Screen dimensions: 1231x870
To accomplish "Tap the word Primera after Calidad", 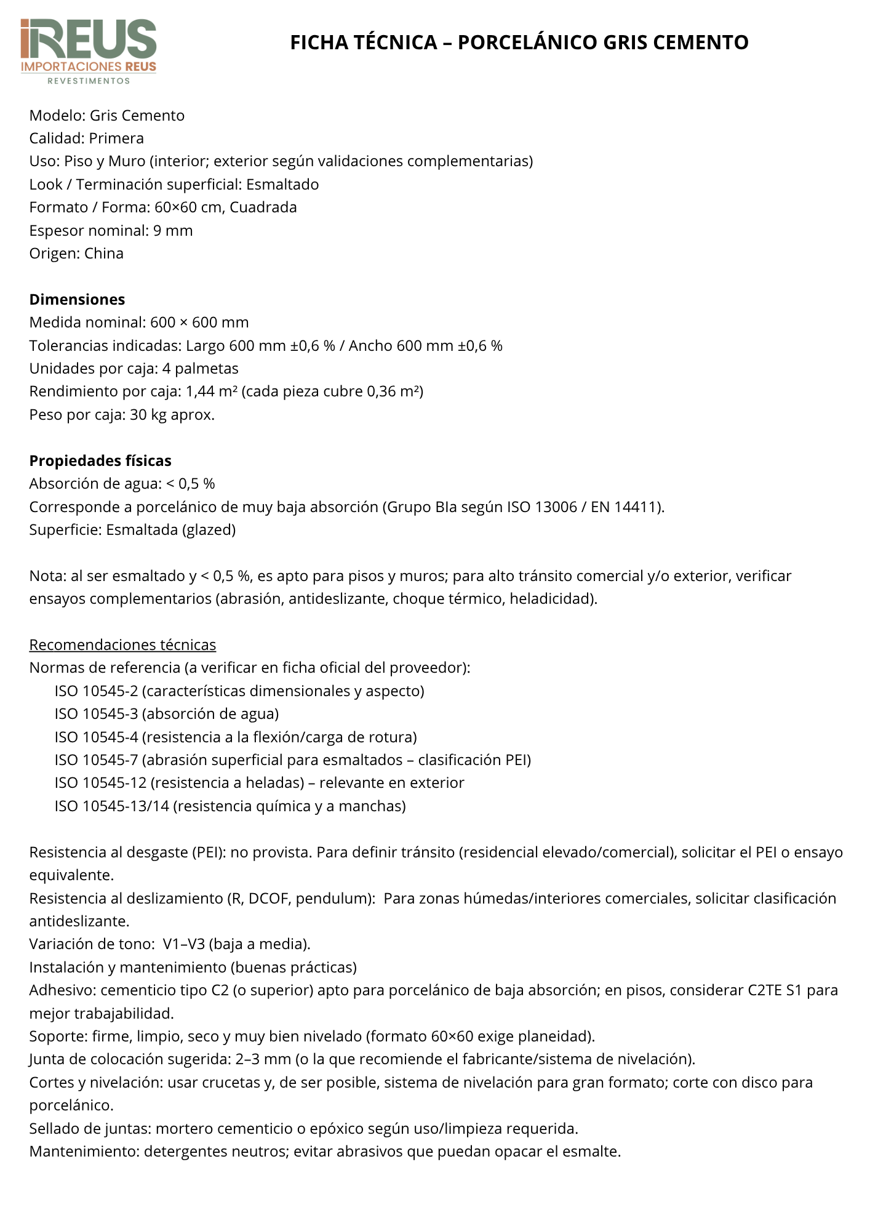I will [116, 138].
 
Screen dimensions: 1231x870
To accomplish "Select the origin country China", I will [104, 254].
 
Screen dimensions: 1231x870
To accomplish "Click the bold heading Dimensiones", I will [77, 300].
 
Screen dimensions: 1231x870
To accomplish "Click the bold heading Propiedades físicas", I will [100, 461].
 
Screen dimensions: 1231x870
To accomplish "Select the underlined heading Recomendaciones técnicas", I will [122, 645].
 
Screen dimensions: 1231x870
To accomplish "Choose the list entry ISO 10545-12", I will [100, 783].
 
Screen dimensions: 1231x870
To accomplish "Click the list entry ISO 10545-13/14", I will [111, 806].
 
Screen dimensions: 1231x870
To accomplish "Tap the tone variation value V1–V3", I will [183, 944].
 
